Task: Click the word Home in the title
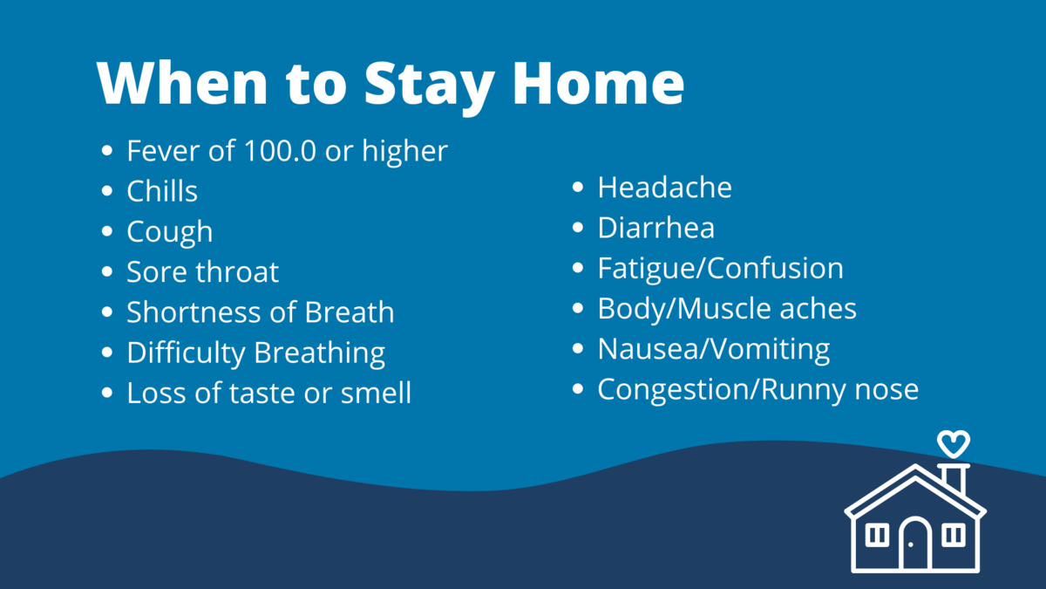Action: click(598, 83)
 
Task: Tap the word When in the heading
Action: click(182, 83)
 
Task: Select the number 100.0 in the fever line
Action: click(280, 151)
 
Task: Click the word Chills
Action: click(162, 191)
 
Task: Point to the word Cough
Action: click(170, 232)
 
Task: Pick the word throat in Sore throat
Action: click(238, 271)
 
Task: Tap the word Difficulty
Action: click(187, 353)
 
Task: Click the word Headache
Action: click(665, 188)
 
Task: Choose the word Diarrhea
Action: click(656, 228)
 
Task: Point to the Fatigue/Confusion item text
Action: click(721, 269)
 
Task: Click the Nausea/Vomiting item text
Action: click(714, 350)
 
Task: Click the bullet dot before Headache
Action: click(578, 187)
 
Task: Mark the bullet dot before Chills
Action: click(107, 191)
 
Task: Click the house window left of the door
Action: click(877, 535)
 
